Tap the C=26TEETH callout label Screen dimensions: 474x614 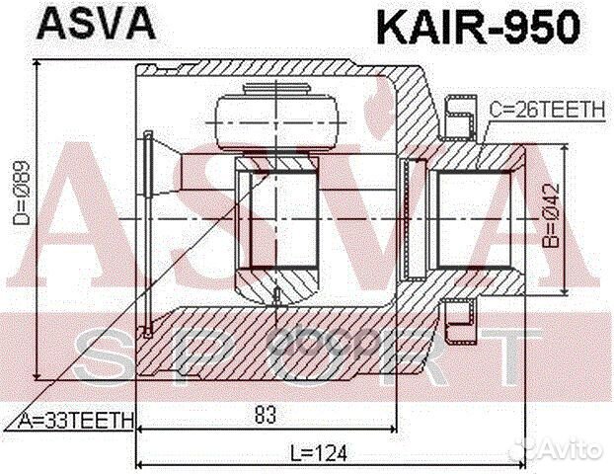point(545,112)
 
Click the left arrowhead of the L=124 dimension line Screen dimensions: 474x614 point(138,464)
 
